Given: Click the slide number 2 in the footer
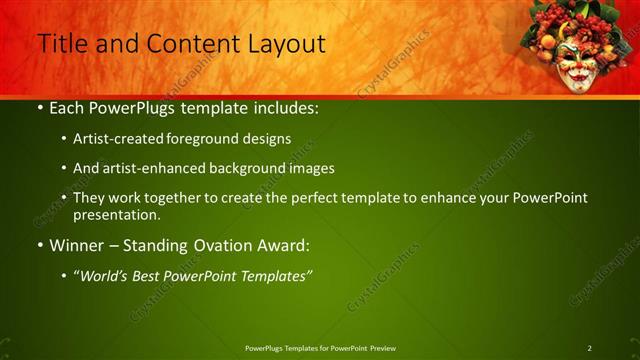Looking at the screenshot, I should (590, 348).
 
